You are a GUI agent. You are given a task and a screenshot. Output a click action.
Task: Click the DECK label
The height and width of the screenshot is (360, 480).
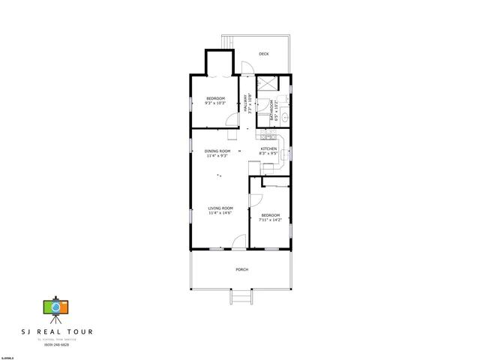click(264, 54)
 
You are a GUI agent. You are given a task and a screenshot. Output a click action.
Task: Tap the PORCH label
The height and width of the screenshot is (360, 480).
click(241, 269)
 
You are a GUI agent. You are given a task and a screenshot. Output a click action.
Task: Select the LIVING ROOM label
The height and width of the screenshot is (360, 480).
click(220, 208)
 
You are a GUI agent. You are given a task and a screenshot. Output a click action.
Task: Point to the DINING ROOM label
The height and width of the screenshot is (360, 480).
click(217, 151)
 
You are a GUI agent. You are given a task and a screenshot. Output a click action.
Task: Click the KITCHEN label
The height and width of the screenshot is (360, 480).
click(268, 149)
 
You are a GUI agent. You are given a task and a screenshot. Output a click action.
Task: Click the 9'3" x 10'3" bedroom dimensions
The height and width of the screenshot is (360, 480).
click(216, 103)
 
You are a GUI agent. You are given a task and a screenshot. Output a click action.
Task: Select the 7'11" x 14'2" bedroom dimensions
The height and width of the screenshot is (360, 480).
click(270, 220)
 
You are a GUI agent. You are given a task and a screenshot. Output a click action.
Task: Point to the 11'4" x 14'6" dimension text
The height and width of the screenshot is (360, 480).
click(220, 213)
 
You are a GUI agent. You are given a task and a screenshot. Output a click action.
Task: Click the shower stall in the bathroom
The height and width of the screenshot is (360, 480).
click(267, 84)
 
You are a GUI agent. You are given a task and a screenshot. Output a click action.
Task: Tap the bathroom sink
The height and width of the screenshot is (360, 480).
click(286, 118)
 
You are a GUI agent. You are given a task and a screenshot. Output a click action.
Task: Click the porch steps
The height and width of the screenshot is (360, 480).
click(240, 298)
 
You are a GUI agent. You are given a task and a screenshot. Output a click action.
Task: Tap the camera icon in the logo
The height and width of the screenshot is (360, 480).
click(55, 307)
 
